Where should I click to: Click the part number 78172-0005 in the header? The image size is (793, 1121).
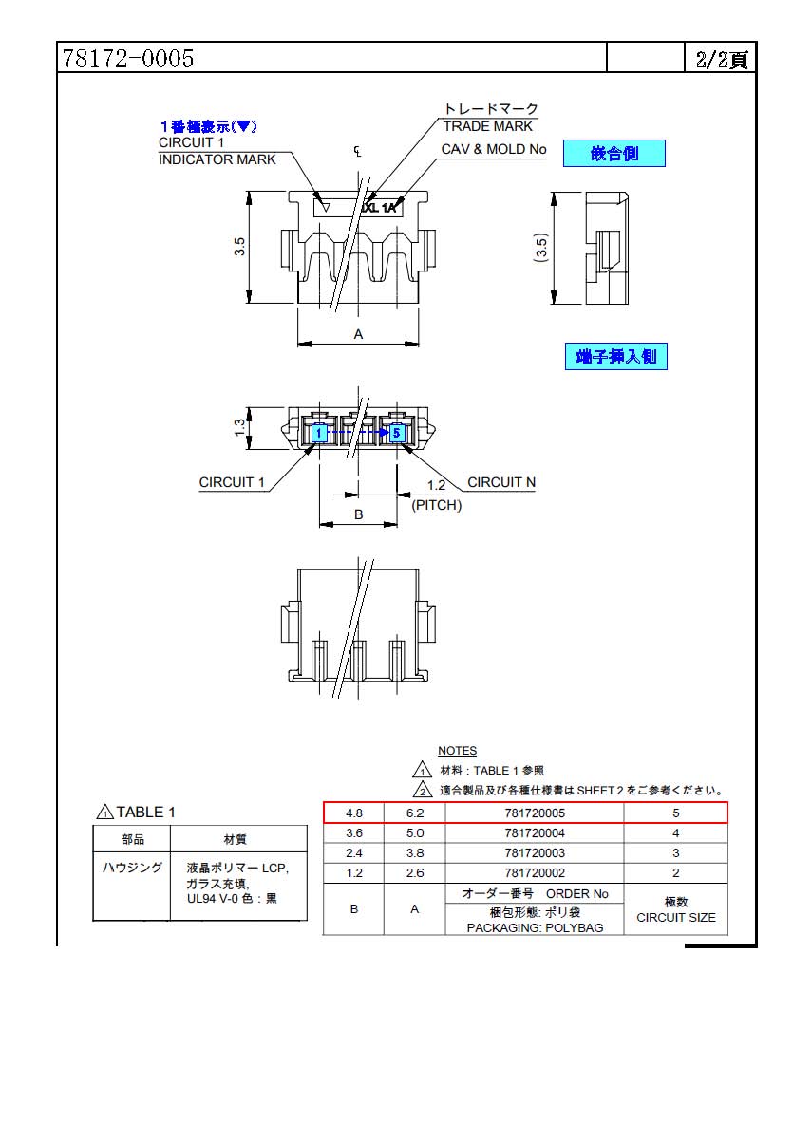coord(128,58)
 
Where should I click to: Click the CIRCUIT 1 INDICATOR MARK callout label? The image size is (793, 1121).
coord(217,151)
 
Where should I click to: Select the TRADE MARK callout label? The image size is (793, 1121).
coord(487,126)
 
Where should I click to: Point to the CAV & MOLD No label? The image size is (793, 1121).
coord(494,149)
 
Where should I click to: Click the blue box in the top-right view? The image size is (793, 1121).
coord(614,153)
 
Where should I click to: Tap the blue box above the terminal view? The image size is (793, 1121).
coord(616,356)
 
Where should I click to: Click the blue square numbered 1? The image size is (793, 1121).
coord(320,433)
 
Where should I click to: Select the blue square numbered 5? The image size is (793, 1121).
coord(396,433)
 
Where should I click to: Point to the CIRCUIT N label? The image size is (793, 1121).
coord(501,482)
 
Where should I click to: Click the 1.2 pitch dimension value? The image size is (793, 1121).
coord(436,485)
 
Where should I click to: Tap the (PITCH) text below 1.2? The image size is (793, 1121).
coord(436,505)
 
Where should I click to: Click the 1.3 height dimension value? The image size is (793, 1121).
coord(239,427)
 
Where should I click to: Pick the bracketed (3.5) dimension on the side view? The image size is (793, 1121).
coord(541,248)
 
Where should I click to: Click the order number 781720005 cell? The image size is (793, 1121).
coord(534,813)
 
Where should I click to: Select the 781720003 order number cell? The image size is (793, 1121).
coord(534,853)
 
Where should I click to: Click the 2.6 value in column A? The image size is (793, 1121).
coord(415,873)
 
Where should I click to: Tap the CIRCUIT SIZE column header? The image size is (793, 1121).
coord(676,909)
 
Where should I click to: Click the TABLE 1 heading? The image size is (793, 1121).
coord(136,813)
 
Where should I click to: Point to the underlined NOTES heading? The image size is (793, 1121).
coord(457,751)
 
